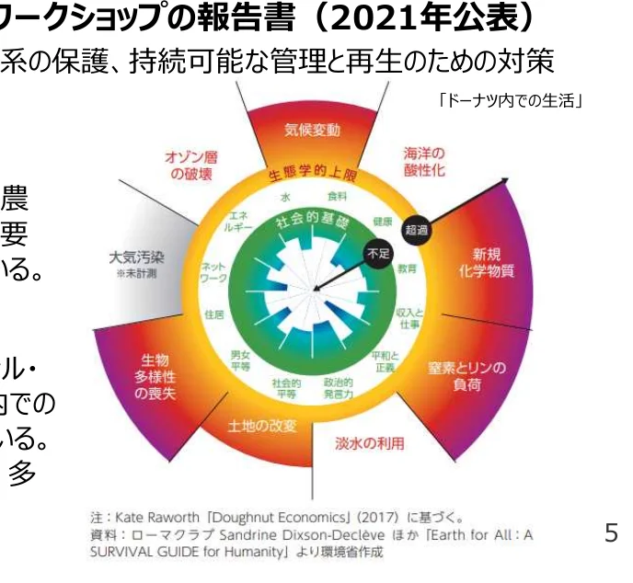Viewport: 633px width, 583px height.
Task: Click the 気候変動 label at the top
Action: [313, 129]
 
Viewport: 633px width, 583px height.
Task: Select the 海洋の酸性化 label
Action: [425, 162]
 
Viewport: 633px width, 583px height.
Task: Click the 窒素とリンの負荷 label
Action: [466, 377]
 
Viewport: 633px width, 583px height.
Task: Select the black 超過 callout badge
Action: [416, 230]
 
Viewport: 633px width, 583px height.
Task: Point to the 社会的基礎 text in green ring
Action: [312, 221]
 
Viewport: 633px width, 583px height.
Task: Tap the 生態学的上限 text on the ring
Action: [311, 174]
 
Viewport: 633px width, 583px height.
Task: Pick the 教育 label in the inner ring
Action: [407, 269]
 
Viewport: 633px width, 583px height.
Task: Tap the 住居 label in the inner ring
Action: [214, 314]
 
